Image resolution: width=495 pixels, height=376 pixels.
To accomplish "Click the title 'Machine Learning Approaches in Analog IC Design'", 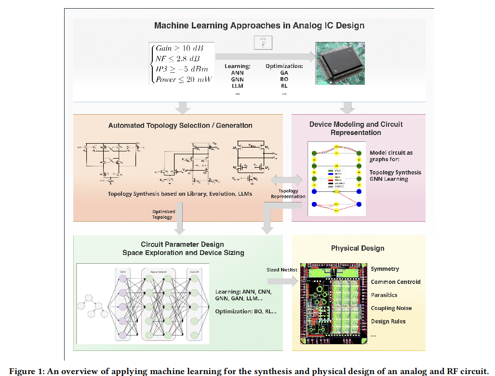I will [x=259, y=26].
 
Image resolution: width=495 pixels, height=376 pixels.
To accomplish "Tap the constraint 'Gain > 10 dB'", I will [x=179, y=49].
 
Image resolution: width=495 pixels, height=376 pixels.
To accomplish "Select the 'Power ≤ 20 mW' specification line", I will [x=184, y=80].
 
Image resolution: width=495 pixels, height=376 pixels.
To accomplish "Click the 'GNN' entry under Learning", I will [x=237, y=79].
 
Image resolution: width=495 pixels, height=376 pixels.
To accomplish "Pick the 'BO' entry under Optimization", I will [x=284, y=79].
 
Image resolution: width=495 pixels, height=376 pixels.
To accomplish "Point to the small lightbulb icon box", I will [x=263, y=43].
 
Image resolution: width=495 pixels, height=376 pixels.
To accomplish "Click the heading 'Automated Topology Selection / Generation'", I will [x=180, y=125].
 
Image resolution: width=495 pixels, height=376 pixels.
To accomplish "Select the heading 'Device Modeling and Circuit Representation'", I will [x=356, y=128].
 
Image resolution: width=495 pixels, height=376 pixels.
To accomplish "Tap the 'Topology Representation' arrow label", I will [x=288, y=194].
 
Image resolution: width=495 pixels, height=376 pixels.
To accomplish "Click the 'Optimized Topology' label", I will [x=162, y=214].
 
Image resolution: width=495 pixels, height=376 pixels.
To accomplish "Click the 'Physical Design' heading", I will [x=357, y=248].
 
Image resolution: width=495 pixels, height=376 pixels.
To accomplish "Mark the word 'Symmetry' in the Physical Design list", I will [x=385, y=269].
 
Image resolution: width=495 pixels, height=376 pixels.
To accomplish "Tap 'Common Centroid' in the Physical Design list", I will [x=395, y=282].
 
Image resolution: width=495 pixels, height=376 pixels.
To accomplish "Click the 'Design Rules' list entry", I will [x=388, y=321].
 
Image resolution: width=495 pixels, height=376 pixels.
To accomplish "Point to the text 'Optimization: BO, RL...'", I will [x=245, y=311].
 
